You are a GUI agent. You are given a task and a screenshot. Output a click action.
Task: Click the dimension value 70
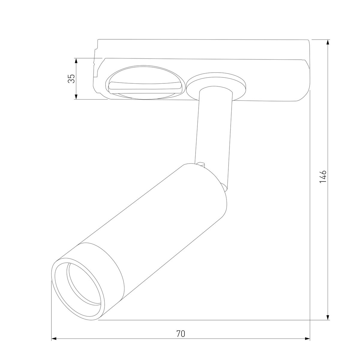pyautogui.click(x=180, y=333)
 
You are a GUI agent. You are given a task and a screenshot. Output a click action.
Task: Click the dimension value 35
pyautogui.click(x=71, y=79)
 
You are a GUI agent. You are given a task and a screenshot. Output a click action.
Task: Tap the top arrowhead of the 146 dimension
pyautogui.click(x=328, y=42)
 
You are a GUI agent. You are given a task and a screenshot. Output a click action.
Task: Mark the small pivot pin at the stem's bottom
pyautogui.click(x=202, y=164)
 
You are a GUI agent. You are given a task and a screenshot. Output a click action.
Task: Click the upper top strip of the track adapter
pyautogui.click(x=204, y=48)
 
